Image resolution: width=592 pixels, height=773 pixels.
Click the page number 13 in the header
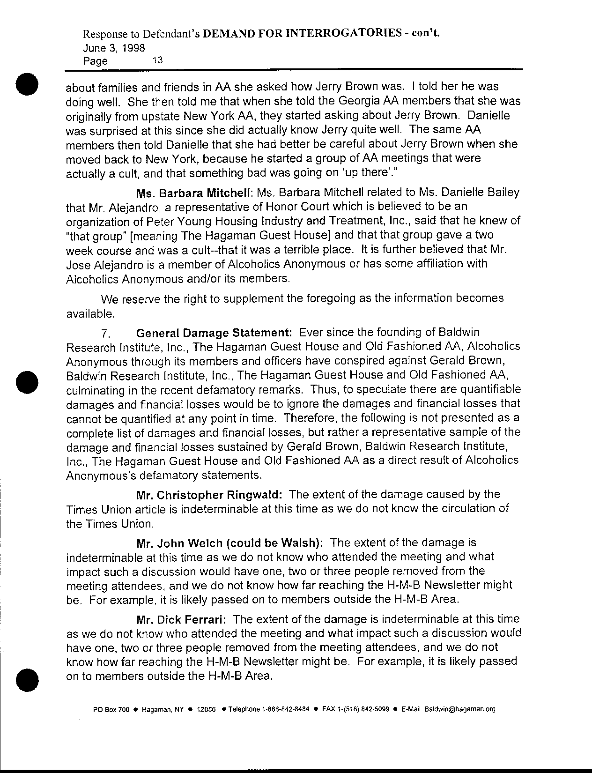[x=157, y=60]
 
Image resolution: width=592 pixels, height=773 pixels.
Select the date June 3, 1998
[x=113, y=48]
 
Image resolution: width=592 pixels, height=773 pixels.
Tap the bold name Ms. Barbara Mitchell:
[x=194, y=193]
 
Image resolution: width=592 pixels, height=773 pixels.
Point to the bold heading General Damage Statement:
[x=214, y=333]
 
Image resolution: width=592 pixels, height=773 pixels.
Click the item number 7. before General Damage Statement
[x=104, y=334]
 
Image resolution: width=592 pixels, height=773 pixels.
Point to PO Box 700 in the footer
[x=111, y=709]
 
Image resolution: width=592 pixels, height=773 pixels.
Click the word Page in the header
[x=95, y=61]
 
